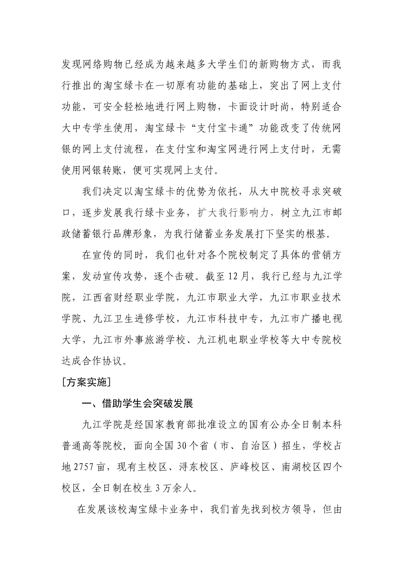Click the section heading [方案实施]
[x=86, y=382]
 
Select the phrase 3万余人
[x=175, y=488]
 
